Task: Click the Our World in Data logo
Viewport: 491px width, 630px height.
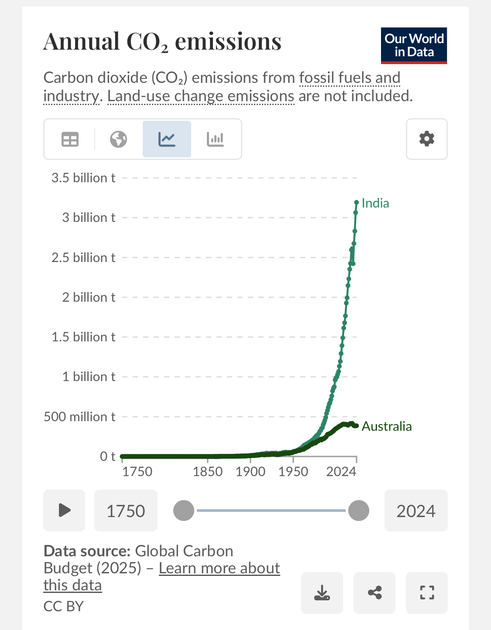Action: tap(414, 45)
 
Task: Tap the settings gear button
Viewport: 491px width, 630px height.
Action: tap(426, 139)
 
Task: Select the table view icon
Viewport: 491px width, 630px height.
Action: tap(70, 140)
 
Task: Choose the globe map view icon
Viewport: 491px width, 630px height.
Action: tap(118, 140)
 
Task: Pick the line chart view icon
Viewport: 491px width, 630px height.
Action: tap(167, 140)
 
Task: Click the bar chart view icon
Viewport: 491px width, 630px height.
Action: tap(215, 140)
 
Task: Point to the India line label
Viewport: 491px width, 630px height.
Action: tap(375, 203)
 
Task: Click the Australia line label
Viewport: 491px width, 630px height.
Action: tap(387, 426)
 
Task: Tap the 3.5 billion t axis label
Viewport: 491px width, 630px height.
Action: tap(83, 178)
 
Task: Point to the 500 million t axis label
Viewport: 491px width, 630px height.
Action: tap(79, 417)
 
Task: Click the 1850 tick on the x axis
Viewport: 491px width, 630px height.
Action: tap(208, 471)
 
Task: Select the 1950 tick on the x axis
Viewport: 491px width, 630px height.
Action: tap(293, 471)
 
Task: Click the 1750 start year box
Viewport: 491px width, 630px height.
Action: tap(126, 511)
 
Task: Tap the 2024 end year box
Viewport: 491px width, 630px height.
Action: tap(415, 511)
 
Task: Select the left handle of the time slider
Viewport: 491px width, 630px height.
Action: tap(184, 511)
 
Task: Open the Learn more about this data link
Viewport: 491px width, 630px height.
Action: tap(219, 569)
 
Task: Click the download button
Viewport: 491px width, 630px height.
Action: tap(322, 593)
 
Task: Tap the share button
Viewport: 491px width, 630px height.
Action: tap(374, 593)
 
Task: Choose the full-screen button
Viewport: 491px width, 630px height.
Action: tap(426, 593)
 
